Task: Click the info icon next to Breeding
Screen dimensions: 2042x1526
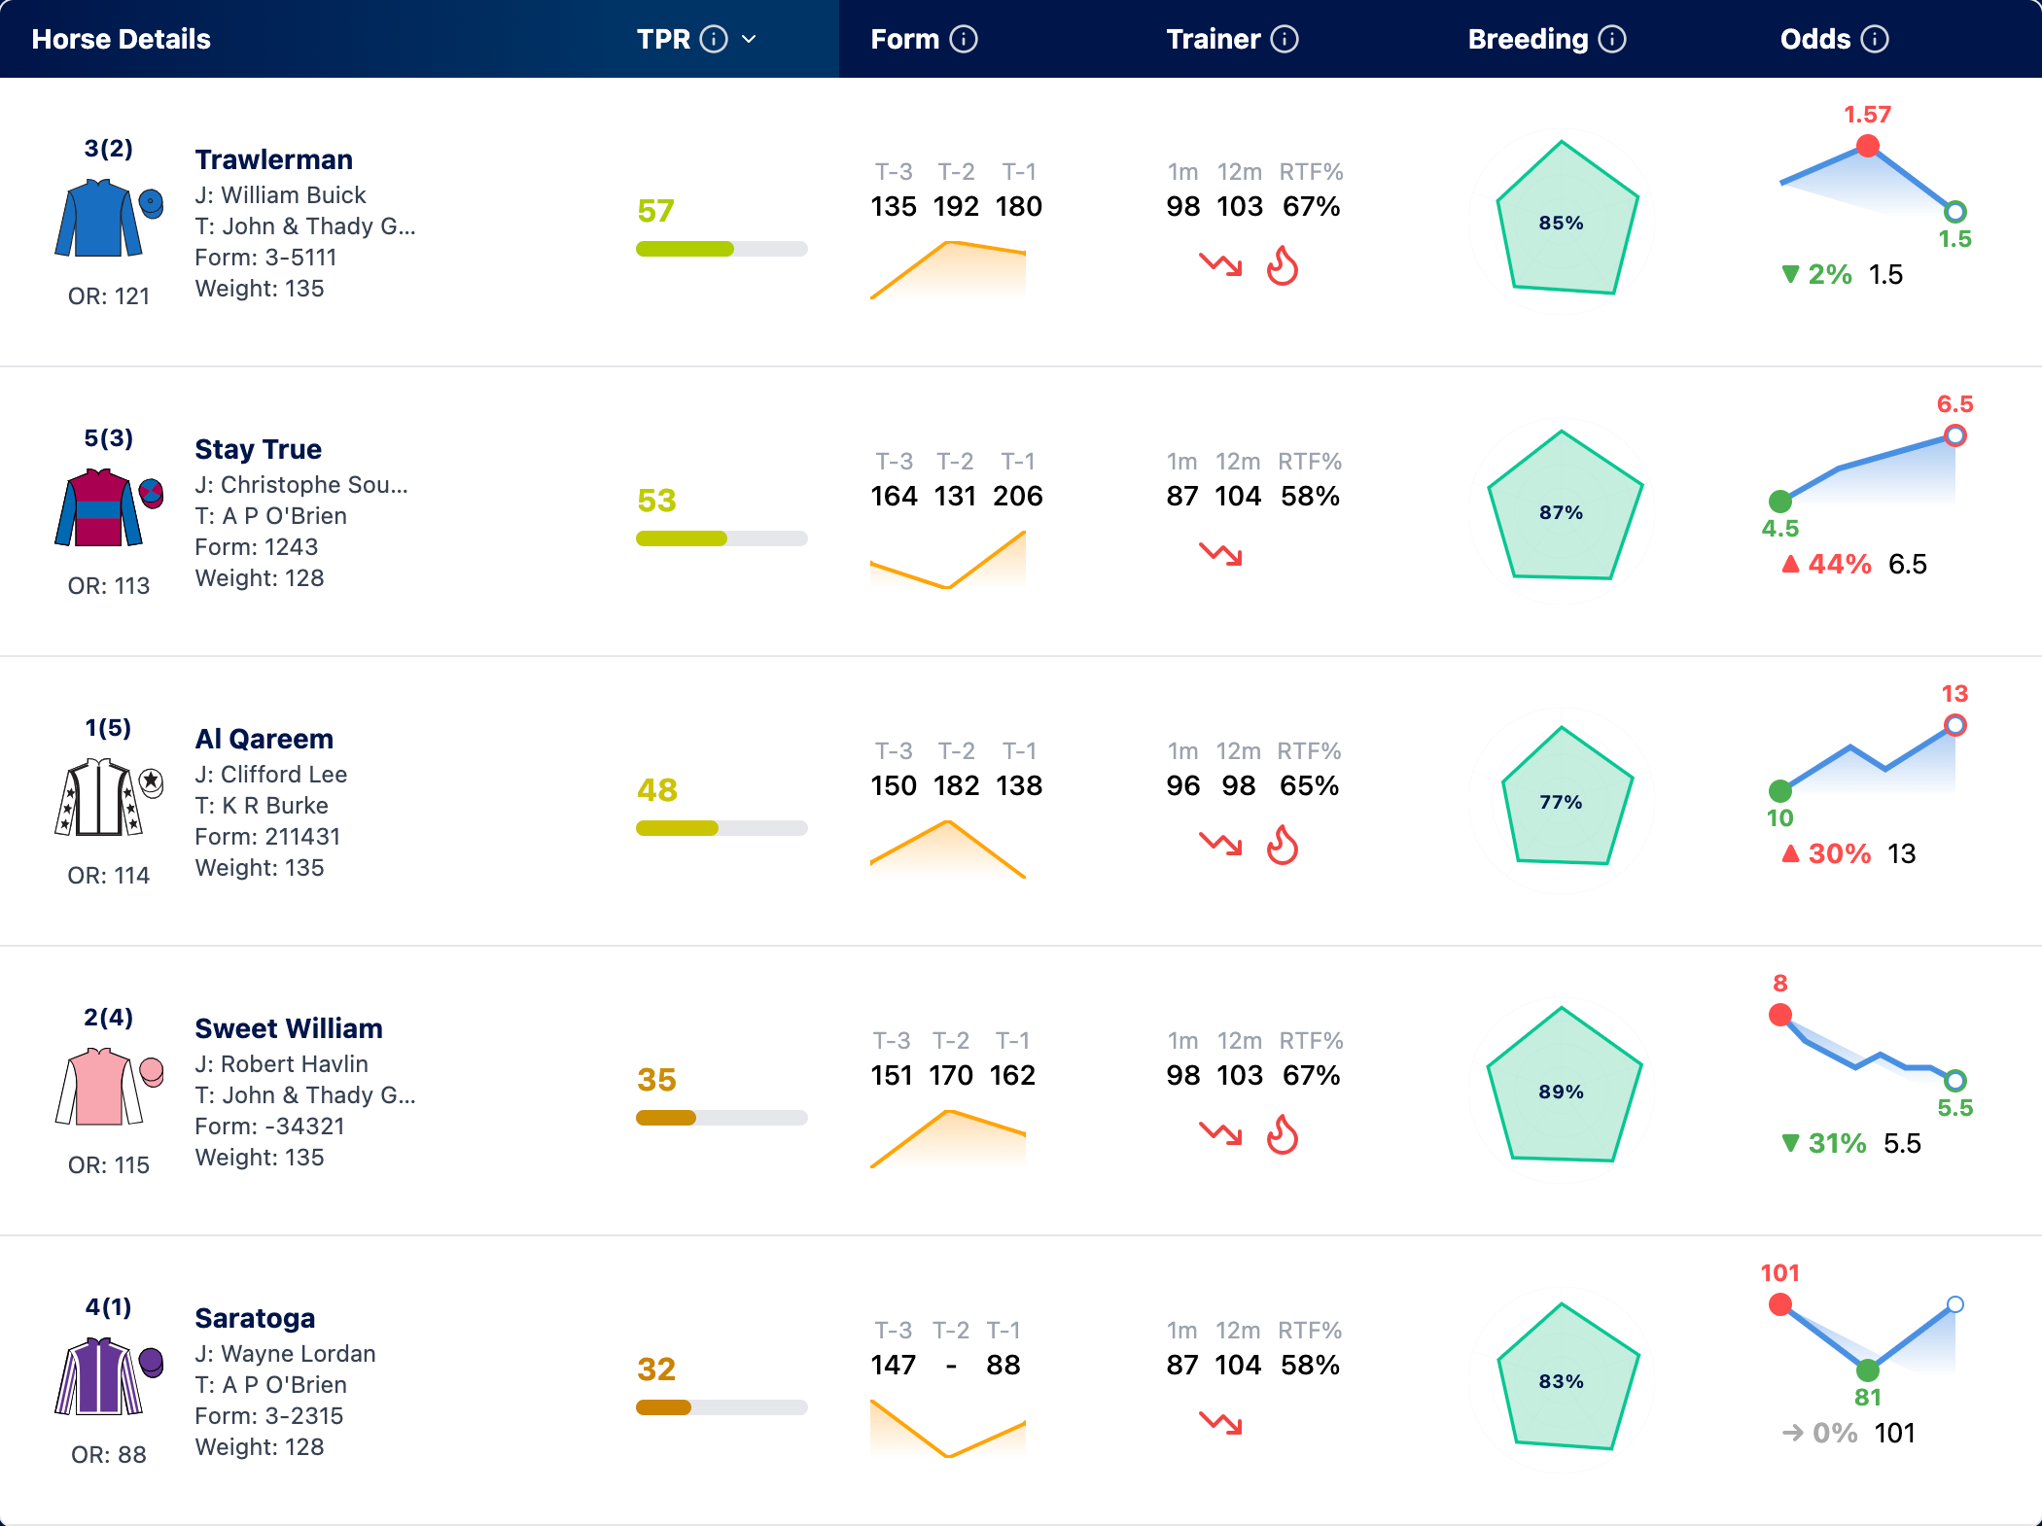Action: (1612, 39)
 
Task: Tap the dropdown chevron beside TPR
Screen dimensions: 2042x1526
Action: (749, 39)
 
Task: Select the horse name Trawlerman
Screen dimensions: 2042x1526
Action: (274, 159)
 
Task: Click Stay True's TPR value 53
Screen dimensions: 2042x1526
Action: (656, 501)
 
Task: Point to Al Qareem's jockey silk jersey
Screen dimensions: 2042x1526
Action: (99, 797)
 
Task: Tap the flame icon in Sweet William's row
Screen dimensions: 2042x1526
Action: (1283, 1134)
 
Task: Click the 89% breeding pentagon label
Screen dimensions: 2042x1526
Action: (1561, 1092)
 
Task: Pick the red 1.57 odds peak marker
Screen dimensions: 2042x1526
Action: (1867, 147)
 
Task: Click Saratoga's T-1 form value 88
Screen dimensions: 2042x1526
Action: (1003, 1365)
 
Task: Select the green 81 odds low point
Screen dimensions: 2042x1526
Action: (1867, 1370)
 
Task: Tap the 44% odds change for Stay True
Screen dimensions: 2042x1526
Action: (1839, 564)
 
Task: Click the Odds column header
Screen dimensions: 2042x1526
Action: (1815, 39)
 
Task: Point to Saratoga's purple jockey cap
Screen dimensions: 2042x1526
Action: (152, 1362)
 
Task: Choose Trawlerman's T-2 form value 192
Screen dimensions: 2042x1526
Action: (956, 206)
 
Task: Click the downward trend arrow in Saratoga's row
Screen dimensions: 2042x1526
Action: (1220, 1423)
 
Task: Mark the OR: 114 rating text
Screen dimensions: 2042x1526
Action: (109, 875)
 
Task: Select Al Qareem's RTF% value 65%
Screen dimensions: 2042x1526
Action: (1309, 785)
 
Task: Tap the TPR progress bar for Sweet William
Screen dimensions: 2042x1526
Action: (722, 1118)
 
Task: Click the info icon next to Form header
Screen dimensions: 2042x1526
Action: (964, 39)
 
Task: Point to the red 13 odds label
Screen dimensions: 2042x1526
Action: (1954, 693)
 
